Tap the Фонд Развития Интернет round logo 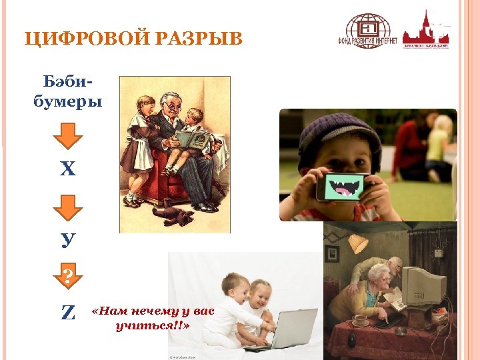click(x=371, y=31)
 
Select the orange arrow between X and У click(x=67, y=206)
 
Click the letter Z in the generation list click(x=67, y=312)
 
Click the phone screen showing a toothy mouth click(x=343, y=187)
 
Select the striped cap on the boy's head click(x=337, y=131)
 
